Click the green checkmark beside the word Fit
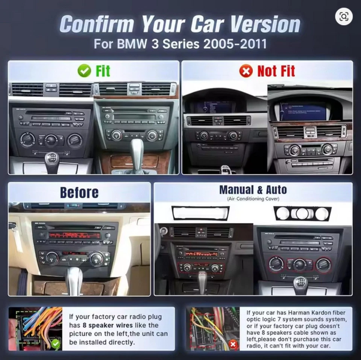pyautogui.click(x=84, y=71)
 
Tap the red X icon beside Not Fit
pyautogui.click(x=246, y=71)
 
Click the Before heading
pyautogui.click(x=79, y=193)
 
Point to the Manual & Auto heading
pyautogui.click(x=253, y=190)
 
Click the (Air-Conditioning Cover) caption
pyautogui.click(x=253, y=199)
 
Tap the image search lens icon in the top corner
pyautogui.click(x=344, y=16)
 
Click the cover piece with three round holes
pyautogui.click(x=302, y=213)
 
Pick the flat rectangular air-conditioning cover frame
pyautogui.click(x=200, y=213)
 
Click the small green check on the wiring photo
pyautogui.click(x=56, y=343)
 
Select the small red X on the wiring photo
pyautogui.click(x=233, y=343)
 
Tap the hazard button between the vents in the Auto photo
pyautogui.click(x=202, y=231)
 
